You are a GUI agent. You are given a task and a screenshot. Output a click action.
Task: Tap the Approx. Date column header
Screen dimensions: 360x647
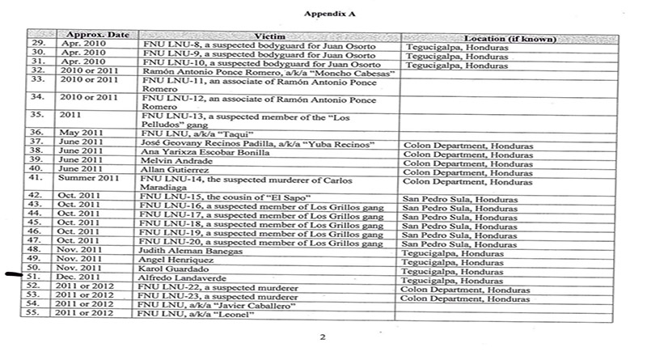94,37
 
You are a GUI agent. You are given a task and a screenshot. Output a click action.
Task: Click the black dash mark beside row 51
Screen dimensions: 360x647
14,274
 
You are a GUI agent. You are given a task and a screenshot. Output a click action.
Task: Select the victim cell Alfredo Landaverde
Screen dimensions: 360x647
185,277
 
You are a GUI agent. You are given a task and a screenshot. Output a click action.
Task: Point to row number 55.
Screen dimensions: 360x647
35,312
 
